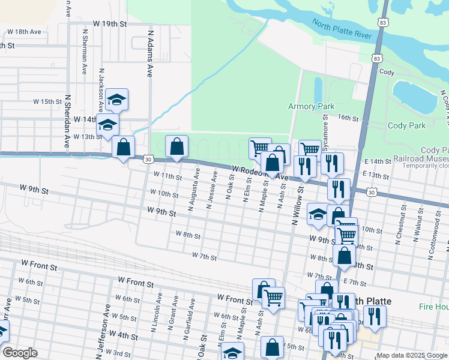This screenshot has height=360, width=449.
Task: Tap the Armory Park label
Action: pos(310,106)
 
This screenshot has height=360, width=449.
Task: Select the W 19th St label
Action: pos(106,24)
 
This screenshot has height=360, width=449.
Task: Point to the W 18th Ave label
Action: pos(23,31)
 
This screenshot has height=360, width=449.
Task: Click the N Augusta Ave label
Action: pos(193,190)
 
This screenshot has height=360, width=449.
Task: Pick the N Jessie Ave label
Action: pos(211,190)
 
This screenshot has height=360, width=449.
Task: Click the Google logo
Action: pos(19,353)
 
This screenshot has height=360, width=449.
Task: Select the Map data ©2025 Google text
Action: pos(411,355)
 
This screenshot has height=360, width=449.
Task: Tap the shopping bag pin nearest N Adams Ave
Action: pos(123,148)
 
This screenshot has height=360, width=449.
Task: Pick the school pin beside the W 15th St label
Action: pos(116,99)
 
